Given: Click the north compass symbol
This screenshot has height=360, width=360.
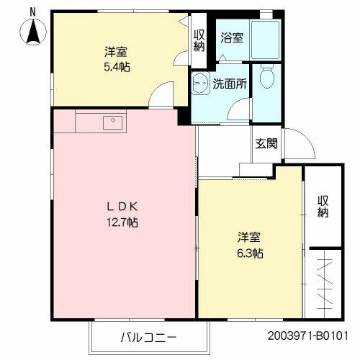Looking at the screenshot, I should pyautogui.click(x=34, y=32).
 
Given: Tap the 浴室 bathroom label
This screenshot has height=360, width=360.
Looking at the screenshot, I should pyautogui.click(x=231, y=37).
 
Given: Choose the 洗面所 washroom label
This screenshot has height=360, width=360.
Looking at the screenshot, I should pyautogui.click(x=229, y=84).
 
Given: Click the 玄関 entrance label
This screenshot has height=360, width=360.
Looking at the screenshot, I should pyautogui.click(x=266, y=143).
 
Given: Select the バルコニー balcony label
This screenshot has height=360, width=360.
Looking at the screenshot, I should pyautogui.click(x=148, y=336).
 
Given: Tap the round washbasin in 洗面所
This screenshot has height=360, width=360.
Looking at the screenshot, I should pyautogui.click(x=200, y=82).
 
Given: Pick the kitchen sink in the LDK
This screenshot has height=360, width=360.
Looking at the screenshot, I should pyautogui.click(x=112, y=122).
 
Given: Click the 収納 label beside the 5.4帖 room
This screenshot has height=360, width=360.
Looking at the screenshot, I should pyautogui.click(x=199, y=39).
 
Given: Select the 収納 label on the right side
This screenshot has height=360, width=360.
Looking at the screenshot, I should pyautogui.click(x=323, y=206).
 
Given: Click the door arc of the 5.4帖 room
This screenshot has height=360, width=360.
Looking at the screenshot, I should pyautogui.click(x=162, y=94).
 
